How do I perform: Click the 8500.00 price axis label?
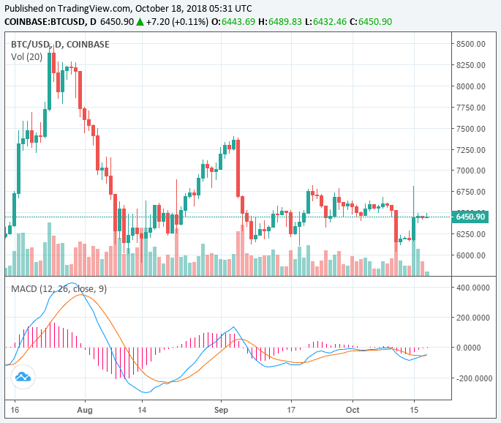472,44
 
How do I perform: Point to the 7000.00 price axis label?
472,171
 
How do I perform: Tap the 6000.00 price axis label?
472,255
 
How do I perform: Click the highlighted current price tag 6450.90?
471,217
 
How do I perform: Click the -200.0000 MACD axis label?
470,378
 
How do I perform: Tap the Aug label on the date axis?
86,411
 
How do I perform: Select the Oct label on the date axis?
353,411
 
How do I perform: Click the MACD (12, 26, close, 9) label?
59,289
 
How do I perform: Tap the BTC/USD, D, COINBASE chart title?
60,44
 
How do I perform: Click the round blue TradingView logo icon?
22,377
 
